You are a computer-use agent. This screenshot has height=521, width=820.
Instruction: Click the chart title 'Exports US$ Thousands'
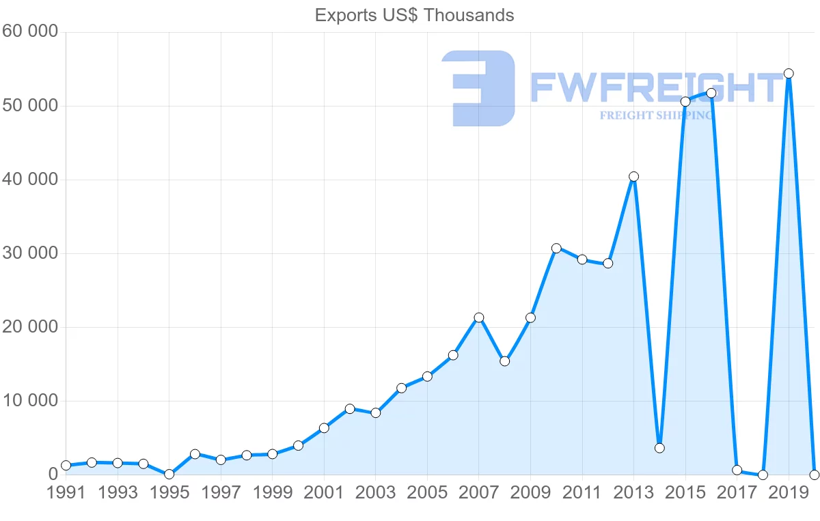414,15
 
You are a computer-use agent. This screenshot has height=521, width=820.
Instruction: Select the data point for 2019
788,74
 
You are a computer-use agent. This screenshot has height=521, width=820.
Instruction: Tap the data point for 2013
633,177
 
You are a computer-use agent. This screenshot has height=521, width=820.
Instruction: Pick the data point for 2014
659,448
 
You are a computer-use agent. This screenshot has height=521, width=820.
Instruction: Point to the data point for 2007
479,318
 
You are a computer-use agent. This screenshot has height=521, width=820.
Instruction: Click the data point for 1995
169,474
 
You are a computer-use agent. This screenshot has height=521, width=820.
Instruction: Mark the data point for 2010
556,249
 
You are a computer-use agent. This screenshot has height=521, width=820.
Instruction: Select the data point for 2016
711,93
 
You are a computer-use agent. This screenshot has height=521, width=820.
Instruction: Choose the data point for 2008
504,361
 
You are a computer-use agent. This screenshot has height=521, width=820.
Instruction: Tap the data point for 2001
324,428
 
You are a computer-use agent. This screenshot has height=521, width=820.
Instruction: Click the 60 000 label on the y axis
29,31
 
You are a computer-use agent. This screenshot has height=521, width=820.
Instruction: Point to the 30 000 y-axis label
29,253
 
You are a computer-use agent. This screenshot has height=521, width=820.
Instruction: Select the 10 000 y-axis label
29,401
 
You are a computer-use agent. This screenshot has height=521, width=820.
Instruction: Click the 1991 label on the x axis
66,493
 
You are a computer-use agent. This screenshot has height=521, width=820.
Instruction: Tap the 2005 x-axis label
427,493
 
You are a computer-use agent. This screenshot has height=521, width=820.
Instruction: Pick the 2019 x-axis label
788,493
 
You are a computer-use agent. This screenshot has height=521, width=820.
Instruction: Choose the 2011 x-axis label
582,493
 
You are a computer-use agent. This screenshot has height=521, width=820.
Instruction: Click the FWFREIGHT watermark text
656,87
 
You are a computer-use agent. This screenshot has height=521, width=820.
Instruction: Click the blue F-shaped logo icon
478,88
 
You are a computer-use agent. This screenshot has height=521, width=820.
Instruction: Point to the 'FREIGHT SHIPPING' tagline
656,115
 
